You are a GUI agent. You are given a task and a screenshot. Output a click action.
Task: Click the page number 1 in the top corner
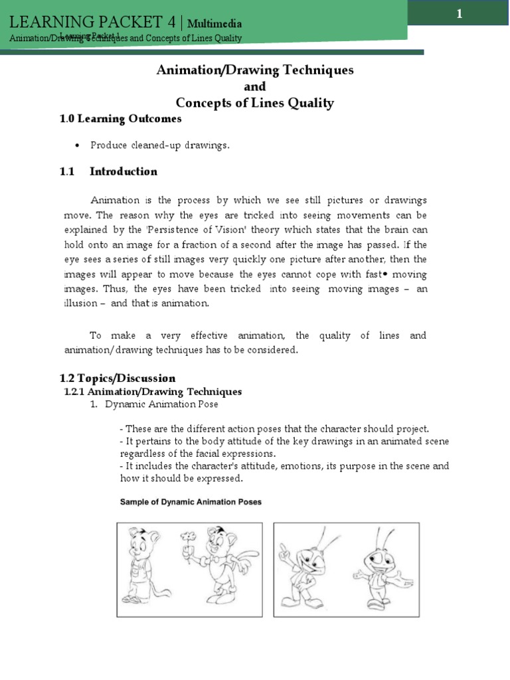click(458, 13)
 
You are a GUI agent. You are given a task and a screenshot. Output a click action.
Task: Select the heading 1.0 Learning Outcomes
click(120, 119)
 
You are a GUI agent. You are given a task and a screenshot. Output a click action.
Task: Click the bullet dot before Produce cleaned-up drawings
click(78, 145)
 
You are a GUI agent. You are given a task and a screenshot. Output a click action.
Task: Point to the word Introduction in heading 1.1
click(124, 171)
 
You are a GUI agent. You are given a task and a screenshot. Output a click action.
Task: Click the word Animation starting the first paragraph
click(115, 200)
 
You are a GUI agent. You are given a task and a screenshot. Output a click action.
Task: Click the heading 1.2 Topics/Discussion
click(118, 378)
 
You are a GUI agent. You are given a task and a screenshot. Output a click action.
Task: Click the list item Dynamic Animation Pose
click(161, 404)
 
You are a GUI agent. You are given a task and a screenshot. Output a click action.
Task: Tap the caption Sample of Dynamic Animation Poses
click(191, 502)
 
